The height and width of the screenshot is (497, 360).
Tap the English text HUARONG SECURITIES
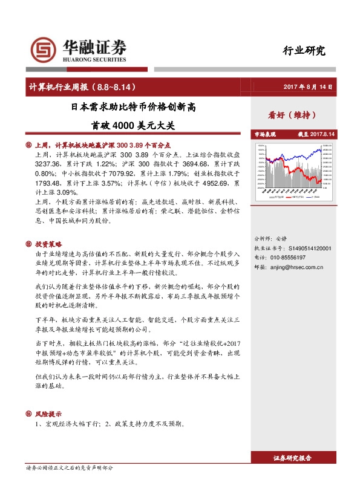pos(94,60)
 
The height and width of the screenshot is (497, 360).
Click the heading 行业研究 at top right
pos(304,51)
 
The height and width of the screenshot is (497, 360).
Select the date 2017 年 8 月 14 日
pos(309,87)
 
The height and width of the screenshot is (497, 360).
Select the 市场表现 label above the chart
pos(265,134)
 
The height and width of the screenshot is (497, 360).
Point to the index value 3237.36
pos(49,164)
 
